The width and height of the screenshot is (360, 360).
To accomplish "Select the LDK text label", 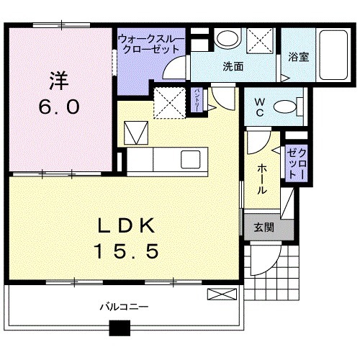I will tap(127, 226).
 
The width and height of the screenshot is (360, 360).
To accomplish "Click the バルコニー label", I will tap(123, 307).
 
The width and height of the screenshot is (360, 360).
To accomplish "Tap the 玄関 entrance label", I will tap(263, 228).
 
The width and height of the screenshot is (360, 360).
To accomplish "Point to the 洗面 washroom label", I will tap(232, 67).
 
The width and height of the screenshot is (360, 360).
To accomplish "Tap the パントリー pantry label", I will tap(197, 99).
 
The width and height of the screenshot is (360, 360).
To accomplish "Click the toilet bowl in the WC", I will tap(286, 107).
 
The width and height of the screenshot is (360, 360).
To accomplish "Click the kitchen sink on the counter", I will tap(192, 158).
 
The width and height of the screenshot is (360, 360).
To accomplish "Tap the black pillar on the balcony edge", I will tap(119, 328).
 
